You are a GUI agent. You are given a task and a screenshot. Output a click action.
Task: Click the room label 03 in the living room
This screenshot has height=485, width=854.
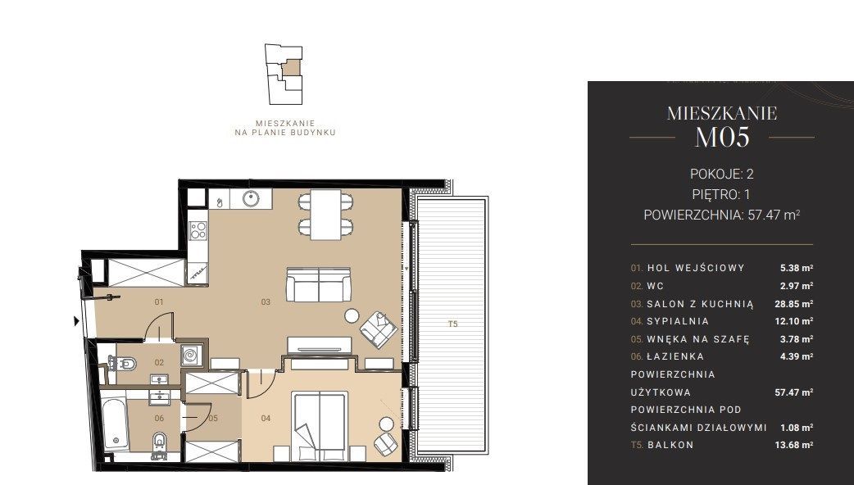266,301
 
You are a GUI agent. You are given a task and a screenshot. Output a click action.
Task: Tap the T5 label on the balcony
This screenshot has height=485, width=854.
452,324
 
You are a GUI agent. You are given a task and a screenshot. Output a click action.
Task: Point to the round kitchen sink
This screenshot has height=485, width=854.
251,199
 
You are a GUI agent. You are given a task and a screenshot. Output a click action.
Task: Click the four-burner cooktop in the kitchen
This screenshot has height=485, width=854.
198,230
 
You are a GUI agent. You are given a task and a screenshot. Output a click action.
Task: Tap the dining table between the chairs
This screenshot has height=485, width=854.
325,215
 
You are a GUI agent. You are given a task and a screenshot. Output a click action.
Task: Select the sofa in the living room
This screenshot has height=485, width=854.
319,284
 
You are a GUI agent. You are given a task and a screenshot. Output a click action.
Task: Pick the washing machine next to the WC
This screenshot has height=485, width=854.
191,356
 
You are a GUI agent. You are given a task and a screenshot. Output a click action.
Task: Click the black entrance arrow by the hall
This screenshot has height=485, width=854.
77,321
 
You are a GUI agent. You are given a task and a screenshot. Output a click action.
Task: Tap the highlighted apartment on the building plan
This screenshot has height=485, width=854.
293,68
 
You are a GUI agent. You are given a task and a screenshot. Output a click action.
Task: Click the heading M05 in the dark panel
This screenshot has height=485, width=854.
722,137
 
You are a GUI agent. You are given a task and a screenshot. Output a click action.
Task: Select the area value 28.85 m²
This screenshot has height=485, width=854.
793,304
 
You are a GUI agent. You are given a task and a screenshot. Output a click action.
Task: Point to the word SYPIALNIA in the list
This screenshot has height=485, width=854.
678,321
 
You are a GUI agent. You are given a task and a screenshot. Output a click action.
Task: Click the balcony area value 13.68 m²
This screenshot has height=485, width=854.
793,445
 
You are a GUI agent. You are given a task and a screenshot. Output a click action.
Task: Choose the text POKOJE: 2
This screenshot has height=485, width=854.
722,174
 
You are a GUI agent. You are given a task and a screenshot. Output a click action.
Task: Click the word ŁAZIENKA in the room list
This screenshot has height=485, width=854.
675,356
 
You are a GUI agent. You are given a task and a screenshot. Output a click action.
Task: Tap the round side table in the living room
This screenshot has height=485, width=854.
352,315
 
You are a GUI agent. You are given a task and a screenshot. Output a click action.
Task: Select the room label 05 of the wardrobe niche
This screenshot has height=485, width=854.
213,418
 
